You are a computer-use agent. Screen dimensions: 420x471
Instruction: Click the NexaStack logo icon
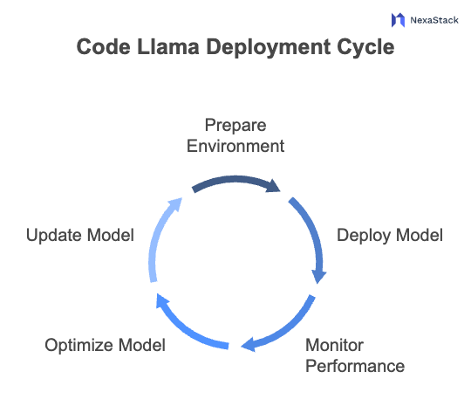(x=399, y=18)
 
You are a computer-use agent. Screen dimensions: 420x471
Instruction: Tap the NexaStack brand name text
(x=433, y=18)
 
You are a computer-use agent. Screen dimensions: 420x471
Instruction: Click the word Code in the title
(x=99, y=47)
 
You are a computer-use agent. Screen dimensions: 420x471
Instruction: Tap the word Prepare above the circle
(x=235, y=125)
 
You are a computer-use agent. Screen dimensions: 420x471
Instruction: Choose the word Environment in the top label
(x=235, y=146)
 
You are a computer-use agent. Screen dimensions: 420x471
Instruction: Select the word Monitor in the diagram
(x=334, y=345)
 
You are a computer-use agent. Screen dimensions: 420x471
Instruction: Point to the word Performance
(x=354, y=366)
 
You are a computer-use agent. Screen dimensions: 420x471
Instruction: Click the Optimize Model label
(x=105, y=345)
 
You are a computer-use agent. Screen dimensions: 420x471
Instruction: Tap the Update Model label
(x=79, y=236)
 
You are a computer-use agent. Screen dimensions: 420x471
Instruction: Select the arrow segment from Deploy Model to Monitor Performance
(x=311, y=236)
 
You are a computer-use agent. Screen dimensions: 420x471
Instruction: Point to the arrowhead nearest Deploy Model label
(x=319, y=276)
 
